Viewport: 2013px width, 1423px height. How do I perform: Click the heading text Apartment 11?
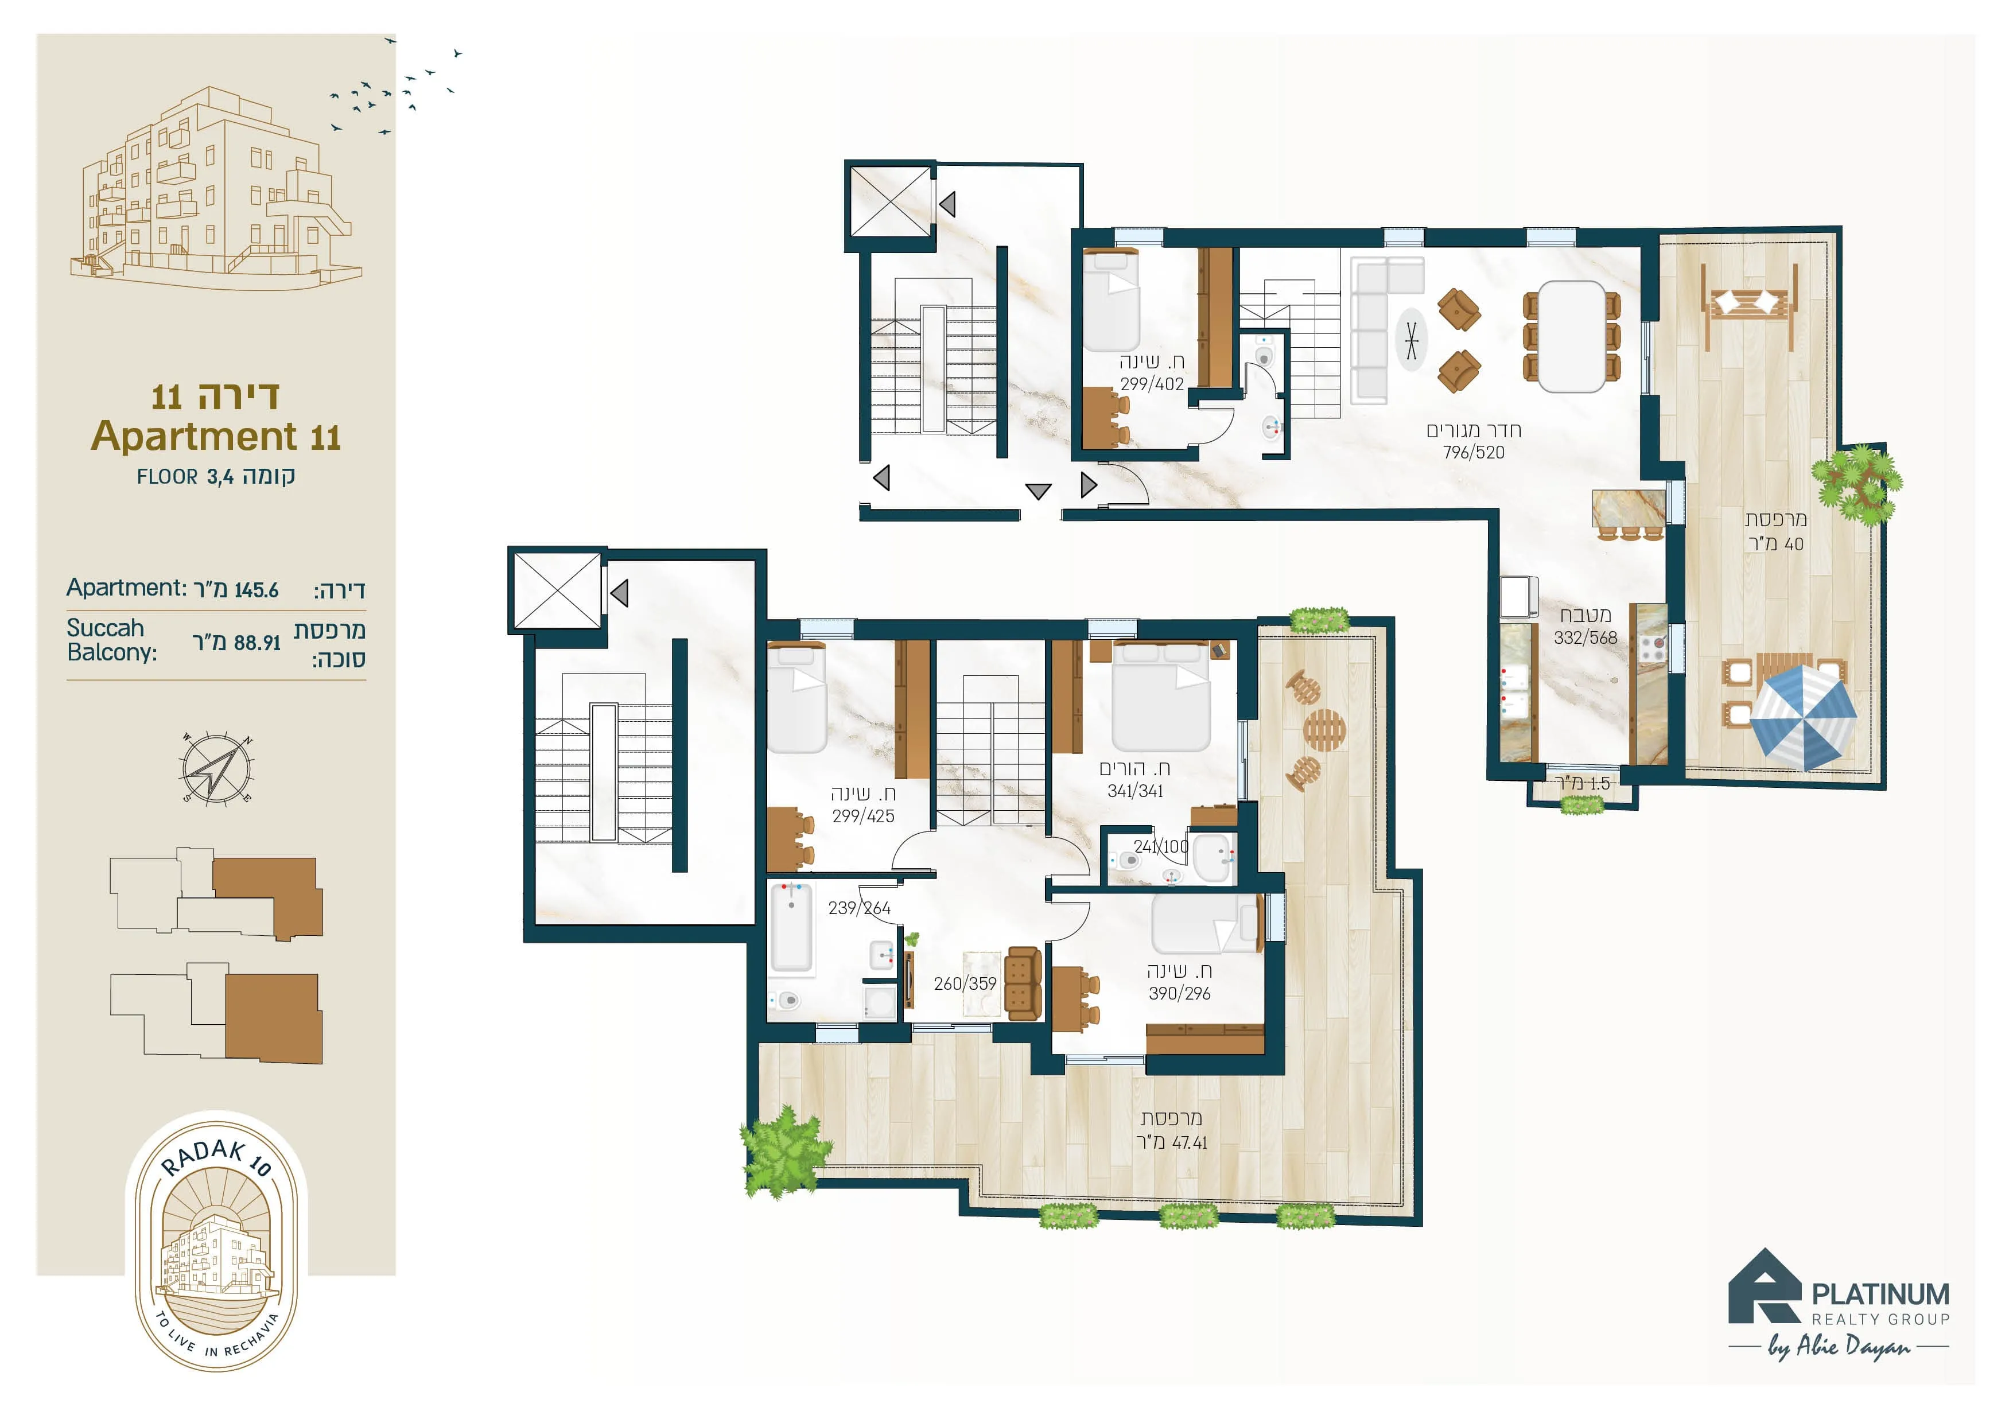tap(216, 436)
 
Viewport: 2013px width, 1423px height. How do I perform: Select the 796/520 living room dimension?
tap(1474, 452)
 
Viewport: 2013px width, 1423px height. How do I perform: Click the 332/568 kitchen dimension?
tap(1585, 637)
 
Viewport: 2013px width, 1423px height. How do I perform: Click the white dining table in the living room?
tap(1572, 336)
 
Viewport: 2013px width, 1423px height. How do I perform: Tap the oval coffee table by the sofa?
tap(1410, 339)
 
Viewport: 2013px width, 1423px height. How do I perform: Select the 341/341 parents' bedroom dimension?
tap(1136, 791)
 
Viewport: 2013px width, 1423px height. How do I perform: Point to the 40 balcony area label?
tap(1776, 543)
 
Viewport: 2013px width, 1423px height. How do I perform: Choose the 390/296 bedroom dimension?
tap(1179, 993)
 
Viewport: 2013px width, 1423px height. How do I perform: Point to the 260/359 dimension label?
tap(965, 983)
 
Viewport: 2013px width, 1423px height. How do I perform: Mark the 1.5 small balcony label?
tap(1583, 783)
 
